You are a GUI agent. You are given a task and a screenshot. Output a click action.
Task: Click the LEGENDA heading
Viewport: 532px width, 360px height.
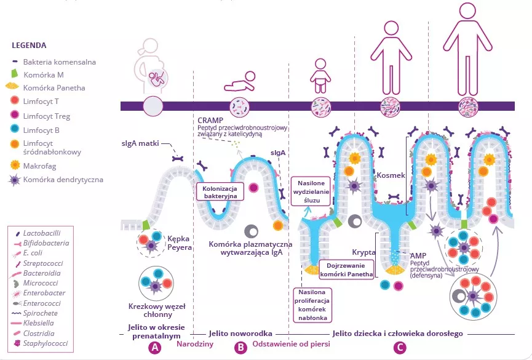29,46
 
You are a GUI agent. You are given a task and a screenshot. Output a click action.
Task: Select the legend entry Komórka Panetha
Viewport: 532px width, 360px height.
54,88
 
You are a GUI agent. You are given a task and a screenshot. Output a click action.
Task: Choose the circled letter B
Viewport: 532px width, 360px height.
240,347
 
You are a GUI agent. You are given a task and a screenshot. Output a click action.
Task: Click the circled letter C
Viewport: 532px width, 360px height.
400,347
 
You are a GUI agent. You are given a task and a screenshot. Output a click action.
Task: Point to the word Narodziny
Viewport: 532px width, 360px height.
195,344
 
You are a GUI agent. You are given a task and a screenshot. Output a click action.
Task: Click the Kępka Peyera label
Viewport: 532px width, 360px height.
180,242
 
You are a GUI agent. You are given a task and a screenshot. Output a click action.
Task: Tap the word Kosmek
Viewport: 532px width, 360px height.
392,175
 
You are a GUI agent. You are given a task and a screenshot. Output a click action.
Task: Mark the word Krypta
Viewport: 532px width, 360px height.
363,252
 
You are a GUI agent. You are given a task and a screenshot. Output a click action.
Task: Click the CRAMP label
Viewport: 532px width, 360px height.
211,119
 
